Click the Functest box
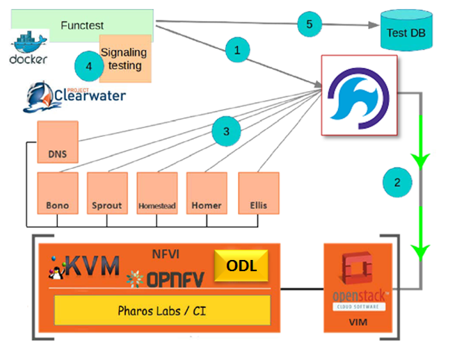(x=82, y=25)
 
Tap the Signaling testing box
(x=126, y=59)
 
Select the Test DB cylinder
(x=407, y=33)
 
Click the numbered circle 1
(x=237, y=51)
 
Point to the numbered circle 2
(x=397, y=183)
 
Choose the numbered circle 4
(x=88, y=67)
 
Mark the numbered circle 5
(x=310, y=24)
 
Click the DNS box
(x=57, y=142)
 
